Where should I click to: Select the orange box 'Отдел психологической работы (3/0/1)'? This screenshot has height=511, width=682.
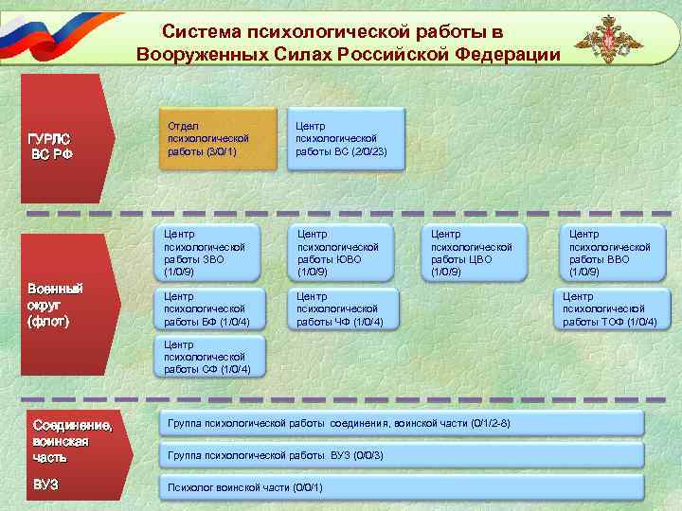(217, 138)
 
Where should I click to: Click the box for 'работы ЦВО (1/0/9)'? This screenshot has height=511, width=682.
(476, 253)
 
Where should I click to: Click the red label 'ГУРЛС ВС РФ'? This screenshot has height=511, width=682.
(52, 146)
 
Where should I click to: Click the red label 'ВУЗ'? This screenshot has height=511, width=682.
(45, 484)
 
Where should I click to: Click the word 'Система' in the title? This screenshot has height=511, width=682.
(197, 32)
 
